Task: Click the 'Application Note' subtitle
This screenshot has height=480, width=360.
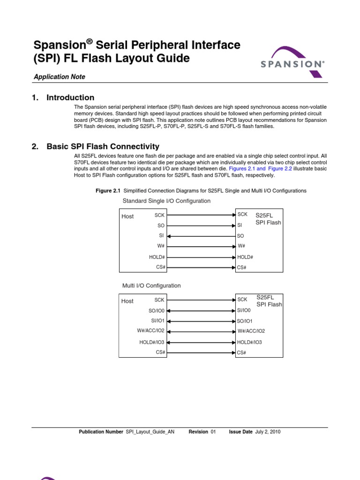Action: [59, 77]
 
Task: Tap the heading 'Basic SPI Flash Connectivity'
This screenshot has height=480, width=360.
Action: [103, 147]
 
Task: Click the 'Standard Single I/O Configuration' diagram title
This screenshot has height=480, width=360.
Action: [166, 201]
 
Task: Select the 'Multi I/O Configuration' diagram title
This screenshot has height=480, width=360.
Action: [151, 285]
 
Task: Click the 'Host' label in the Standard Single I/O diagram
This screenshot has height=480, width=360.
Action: [127, 217]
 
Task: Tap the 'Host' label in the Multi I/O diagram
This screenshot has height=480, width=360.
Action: [127, 301]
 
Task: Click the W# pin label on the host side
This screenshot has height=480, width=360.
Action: [160, 246]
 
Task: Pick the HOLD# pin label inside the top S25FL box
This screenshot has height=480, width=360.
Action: [245, 257]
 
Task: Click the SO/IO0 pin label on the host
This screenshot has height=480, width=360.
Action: [156, 310]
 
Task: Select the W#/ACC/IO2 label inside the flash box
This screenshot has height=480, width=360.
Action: [251, 331]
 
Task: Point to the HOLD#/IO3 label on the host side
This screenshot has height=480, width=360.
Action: [152, 342]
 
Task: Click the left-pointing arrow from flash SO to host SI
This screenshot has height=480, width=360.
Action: [201, 236]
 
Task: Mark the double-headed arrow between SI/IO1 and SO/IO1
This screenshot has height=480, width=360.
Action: [201, 321]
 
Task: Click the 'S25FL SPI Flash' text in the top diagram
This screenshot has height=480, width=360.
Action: [268, 219]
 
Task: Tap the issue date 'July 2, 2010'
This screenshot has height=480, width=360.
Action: [268, 432]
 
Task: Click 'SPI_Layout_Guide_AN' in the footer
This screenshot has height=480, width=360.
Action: [150, 432]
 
